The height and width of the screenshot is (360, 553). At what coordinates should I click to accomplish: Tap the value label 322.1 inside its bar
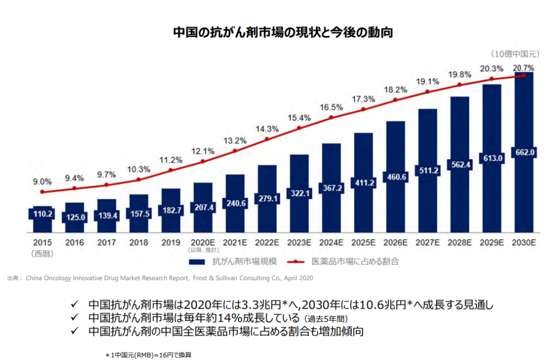[x=299, y=194]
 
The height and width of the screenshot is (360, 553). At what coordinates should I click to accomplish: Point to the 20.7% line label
[x=523, y=68]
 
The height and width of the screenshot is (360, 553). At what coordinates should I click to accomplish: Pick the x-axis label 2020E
[x=202, y=243]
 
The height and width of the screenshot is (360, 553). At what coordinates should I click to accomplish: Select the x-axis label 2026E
[x=395, y=243]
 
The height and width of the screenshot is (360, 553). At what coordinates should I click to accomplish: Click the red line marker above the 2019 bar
[x=170, y=170]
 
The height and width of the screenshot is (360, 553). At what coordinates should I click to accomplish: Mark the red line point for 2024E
[x=331, y=117]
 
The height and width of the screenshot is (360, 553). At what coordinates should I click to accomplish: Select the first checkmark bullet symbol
[x=75, y=305]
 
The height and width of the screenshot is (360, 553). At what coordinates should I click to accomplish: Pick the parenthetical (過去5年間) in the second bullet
[x=326, y=319]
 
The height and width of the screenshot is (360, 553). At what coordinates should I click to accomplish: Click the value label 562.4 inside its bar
[x=459, y=164]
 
